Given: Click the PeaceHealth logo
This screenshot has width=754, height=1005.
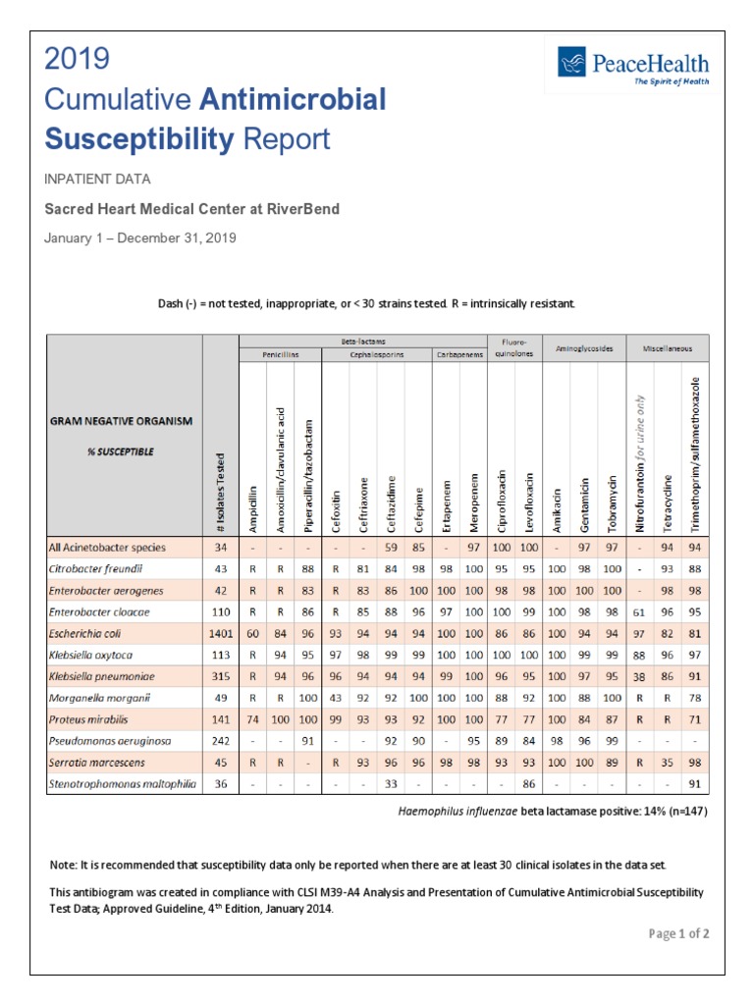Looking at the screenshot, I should click(x=633, y=68).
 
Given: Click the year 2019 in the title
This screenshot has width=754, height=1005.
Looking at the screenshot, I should click(x=78, y=59).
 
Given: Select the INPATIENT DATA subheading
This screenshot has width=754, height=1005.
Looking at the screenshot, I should click(x=97, y=179).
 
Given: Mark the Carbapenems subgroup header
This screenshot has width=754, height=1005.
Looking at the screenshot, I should click(x=458, y=356).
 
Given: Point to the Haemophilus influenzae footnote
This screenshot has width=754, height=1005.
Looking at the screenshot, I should click(x=553, y=812).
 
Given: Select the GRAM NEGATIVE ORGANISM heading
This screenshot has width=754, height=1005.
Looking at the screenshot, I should click(x=121, y=421).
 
